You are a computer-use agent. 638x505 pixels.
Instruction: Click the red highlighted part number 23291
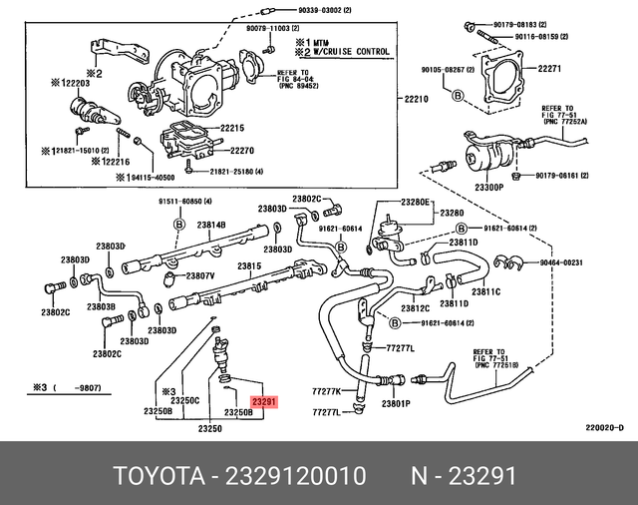coord(264,403)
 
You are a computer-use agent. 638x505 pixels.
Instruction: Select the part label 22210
coord(416,100)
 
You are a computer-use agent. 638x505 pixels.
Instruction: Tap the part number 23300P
coord(489,187)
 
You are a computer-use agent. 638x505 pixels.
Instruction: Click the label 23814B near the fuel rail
coord(210,226)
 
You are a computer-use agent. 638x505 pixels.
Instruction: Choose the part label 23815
coord(249,266)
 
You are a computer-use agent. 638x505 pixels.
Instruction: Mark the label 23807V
coord(199,275)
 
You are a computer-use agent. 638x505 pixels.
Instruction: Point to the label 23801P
coord(395,403)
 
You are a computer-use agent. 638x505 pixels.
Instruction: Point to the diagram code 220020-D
coord(604,428)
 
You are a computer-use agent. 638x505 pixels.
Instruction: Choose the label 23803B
coord(101,306)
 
